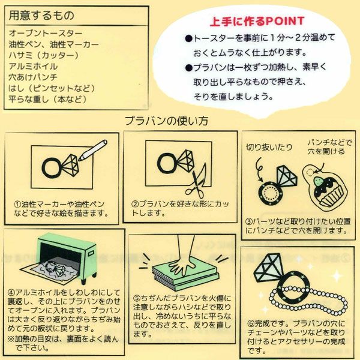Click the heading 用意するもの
(x=41, y=16)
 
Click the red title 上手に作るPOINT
(x=257, y=22)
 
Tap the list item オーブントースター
(x=46, y=33)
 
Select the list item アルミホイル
(x=33, y=67)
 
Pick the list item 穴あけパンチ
(x=33, y=77)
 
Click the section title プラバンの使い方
(x=166, y=121)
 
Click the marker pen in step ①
(x=93, y=150)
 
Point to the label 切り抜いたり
(x=269, y=147)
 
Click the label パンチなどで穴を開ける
(x=330, y=147)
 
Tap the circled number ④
(x=11, y=293)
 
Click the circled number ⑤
(x=137, y=298)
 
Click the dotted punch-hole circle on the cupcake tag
(x=310, y=172)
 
